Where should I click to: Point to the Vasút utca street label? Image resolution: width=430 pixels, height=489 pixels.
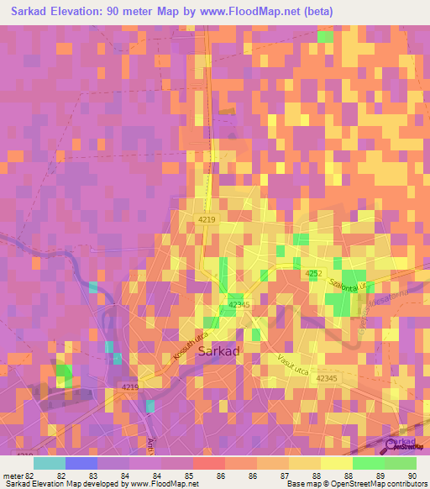296,364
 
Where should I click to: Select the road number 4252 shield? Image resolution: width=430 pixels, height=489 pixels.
313,274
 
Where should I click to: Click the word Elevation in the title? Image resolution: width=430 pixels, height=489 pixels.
88,12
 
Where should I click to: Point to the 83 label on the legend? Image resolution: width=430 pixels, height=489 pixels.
80,476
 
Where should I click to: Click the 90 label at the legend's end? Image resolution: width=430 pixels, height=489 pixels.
412,476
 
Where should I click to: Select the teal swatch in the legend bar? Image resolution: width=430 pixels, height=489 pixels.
50,463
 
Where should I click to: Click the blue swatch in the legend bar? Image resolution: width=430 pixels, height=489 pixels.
81,463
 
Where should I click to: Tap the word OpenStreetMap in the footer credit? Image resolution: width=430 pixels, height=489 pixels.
356,484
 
